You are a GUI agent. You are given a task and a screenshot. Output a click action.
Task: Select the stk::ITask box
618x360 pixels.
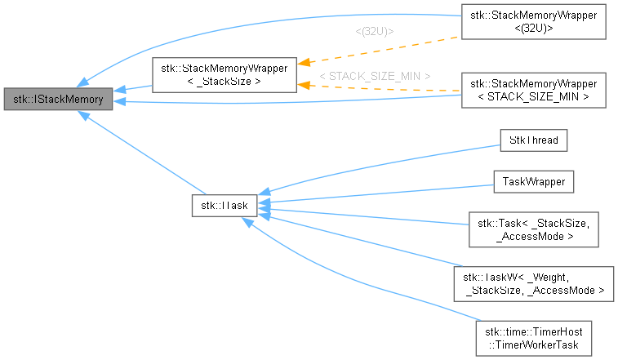coord(225,205)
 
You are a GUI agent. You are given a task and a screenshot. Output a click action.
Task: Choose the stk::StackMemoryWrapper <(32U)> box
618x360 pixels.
coord(533,23)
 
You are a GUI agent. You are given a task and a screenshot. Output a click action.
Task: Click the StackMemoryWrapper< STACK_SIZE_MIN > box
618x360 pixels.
coord(533,89)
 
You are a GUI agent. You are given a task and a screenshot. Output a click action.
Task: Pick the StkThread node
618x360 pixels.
coord(533,140)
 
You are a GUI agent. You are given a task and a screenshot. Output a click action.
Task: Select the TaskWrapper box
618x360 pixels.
coord(533,181)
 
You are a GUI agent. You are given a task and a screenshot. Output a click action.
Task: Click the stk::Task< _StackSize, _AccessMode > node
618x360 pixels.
coord(533,228)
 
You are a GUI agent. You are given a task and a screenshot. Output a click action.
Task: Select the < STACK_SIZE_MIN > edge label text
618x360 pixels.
coord(375,76)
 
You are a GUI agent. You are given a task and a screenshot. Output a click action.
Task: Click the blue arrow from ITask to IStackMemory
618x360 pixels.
coord(139,154)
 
